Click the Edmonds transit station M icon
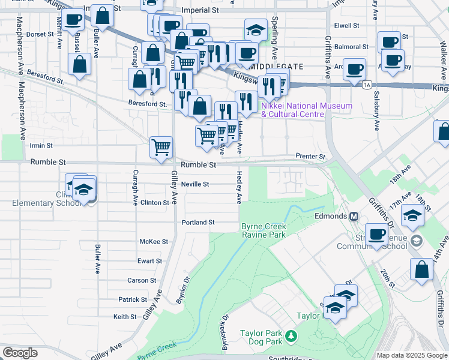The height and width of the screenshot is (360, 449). [354, 216]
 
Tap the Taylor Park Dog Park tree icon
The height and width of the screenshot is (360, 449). [291, 335]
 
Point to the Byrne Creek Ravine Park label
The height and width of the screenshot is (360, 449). [264, 231]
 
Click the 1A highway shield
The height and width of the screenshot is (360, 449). [367, 85]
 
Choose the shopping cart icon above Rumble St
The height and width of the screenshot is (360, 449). [161, 146]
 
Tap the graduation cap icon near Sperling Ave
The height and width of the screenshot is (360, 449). [256, 29]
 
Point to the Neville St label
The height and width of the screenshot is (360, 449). [195, 184]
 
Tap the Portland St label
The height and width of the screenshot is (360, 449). [198, 222]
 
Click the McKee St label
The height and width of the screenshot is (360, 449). [154, 241]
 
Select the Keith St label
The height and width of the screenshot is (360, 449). [125, 316]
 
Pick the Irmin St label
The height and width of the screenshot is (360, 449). [41, 145]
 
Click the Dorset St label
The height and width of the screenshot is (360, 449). [40, 34]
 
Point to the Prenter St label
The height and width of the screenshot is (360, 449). [310, 157]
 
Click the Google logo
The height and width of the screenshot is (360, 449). [20, 353]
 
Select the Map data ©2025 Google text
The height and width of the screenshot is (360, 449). [412, 355]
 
